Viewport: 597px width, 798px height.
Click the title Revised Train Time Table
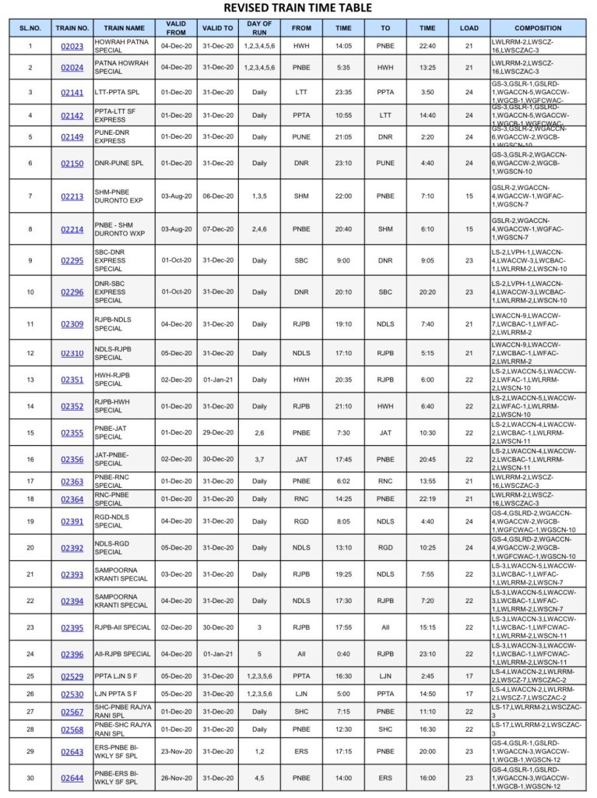(298, 9)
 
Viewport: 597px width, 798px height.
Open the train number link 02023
(72, 46)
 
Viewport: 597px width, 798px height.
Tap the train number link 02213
(72, 196)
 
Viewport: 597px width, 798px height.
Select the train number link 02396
(72, 654)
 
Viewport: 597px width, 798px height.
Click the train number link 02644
(72, 778)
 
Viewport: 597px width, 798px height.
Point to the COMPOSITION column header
(537, 28)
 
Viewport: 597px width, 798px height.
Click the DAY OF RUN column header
(259, 28)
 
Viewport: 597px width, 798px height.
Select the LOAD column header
(469, 28)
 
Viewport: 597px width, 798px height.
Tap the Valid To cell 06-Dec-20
(218, 196)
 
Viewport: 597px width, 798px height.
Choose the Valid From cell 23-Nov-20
(177, 751)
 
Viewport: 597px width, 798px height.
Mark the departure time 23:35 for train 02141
(343, 92)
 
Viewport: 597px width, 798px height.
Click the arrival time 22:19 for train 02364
(427, 499)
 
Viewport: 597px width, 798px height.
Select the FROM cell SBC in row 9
(301, 260)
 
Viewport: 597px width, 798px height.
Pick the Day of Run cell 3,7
(259, 460)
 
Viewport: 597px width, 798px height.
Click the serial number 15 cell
(30, 433)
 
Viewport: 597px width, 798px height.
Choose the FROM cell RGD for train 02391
(301, 521)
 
